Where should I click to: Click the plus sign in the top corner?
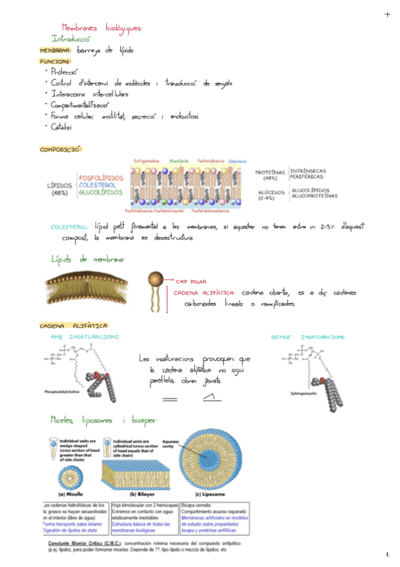(x=387, y=14)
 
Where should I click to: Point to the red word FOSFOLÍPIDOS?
(x=101, y=178)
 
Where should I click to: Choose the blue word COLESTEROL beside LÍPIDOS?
(x=101, y=185)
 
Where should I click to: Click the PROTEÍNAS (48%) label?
(x=270, y=175)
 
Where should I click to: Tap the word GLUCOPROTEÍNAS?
(x=315, y=196)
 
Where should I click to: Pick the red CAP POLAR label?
(x=190, y=281)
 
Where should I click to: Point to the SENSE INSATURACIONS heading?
(x=308, y=337)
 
